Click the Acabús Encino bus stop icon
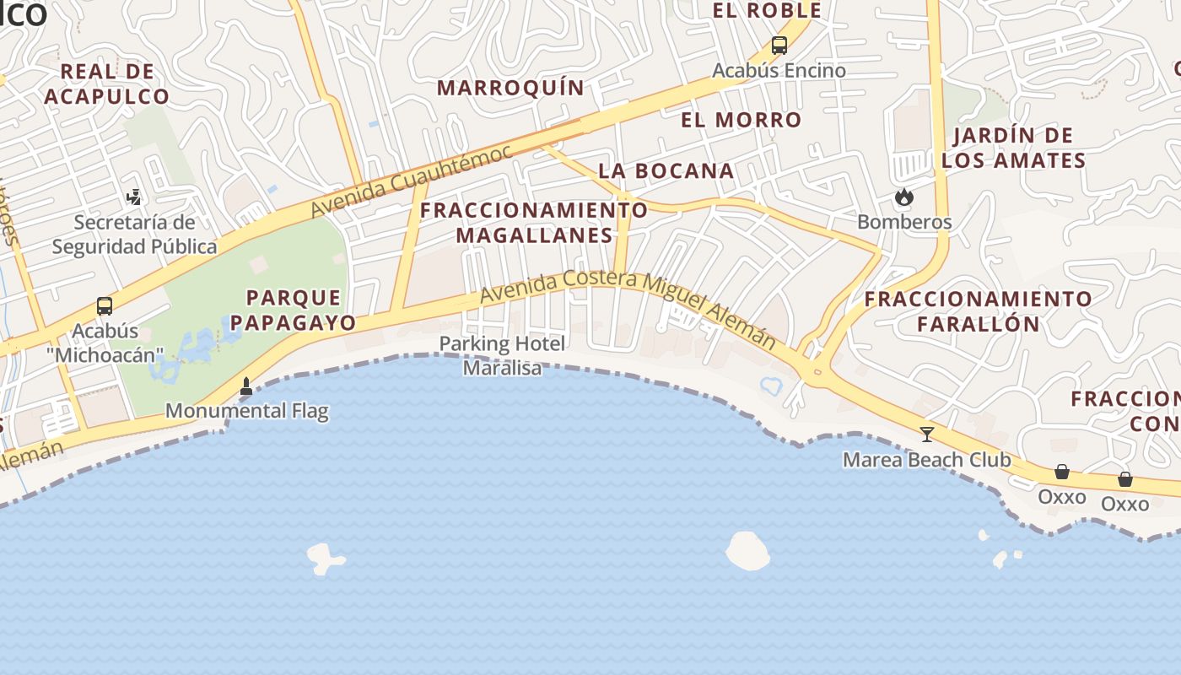coord(779,46)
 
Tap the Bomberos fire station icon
coord(904,197)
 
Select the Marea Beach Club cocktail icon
coord(927,435)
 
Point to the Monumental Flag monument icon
coord(246,387)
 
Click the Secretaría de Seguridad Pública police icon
coord(133,197)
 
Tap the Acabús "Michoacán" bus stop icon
coord(105,306)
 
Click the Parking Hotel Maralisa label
coord(502,355)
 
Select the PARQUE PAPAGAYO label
coord(294,310)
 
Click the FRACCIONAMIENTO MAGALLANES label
coord(534,223)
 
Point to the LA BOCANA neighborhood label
coord(666,170)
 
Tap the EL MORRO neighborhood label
coord(741,120)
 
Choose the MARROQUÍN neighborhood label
coord(510,88)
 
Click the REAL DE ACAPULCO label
coord(107,84)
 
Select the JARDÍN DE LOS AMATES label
coord(1013,148)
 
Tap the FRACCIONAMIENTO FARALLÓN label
coord(979,310)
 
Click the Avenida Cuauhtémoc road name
coord(411,181)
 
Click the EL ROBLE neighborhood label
coord(767,11)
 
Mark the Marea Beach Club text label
coord(927,460)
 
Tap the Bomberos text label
coord(904,222)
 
